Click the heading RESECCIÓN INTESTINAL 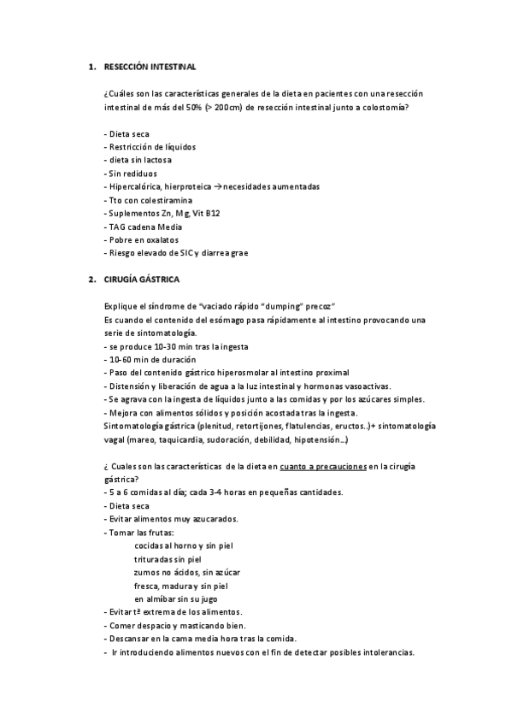(x=150, y=65)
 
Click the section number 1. (x=91, y=65)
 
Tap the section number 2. (x=91, y=280)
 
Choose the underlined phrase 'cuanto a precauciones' (x=324, y=466)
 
